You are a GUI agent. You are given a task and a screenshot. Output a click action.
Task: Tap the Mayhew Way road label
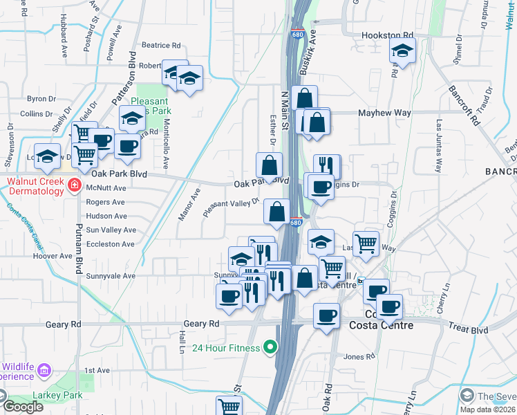pyautogui.click(x=384, y=113)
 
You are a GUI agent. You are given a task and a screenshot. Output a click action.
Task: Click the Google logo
pyautogui.click(x=23, y=407)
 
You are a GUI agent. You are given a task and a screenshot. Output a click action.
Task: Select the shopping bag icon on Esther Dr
pyautogui.click(x=270, y=165)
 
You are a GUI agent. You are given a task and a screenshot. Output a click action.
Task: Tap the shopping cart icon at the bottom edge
pyautogui.click(x=229, y=407)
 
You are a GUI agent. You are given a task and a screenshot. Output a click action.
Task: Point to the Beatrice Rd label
pyautogui.click(x=160, y=46)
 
